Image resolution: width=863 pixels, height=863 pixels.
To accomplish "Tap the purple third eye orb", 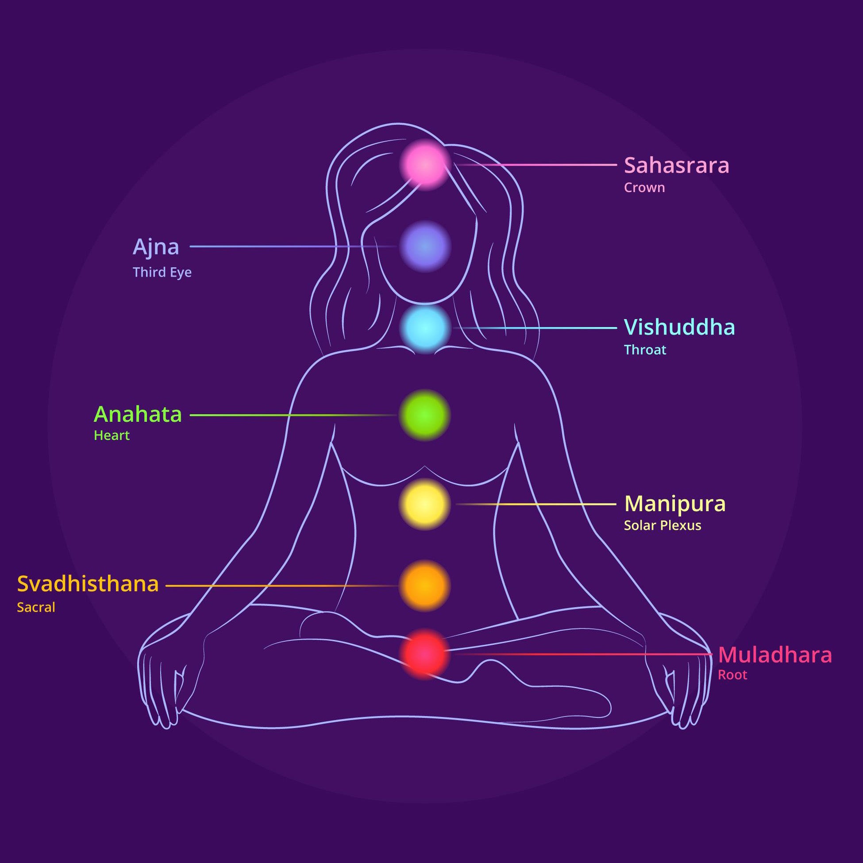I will (424, 246).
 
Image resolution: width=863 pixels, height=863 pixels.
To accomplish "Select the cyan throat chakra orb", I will (424, 328).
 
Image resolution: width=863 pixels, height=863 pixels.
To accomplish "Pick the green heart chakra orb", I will (424, 415).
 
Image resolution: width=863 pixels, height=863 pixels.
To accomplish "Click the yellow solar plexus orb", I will (424, 505).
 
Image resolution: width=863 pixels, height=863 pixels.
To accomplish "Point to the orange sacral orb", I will (424, 586).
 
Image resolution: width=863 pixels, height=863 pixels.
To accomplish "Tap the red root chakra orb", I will (424, 654).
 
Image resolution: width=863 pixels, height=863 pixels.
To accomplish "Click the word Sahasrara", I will (676, 165).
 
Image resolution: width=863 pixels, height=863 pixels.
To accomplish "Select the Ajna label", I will (156, 247).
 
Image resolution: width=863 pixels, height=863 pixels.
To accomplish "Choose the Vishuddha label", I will (679, 327).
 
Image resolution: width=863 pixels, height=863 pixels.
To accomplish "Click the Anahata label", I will (138, 415).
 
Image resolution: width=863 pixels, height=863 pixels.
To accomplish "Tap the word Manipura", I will (674, 504).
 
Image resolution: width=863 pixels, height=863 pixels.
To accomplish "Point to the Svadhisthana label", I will (88, 584).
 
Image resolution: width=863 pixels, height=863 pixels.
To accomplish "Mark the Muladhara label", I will (774, 655).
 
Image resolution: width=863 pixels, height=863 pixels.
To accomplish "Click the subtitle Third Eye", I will (162, 272).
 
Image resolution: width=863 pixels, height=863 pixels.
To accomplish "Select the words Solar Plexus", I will (662, 526).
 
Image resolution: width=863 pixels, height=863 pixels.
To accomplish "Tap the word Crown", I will (644, 188).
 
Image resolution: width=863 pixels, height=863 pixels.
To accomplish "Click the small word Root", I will (732, 675).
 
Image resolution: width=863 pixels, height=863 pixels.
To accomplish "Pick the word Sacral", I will (36, 608).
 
